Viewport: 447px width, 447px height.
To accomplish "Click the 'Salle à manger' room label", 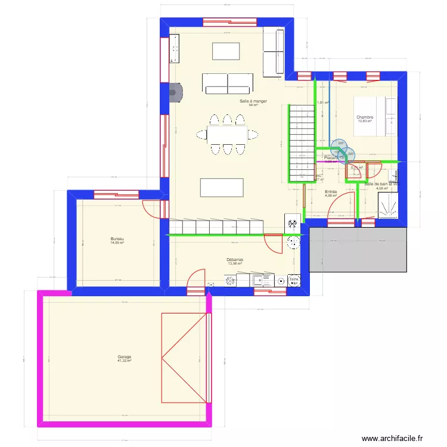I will pos(253,101).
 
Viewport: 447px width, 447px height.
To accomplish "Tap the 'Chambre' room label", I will pos(365,117).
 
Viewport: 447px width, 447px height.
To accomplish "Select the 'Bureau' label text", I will pos(117,238).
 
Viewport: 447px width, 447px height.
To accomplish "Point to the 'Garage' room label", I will pos(124,356).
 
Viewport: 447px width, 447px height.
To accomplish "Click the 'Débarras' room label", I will pos(235,260).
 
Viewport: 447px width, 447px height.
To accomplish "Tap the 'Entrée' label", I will pos(331,191).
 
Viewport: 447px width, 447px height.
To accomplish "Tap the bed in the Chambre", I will pos(375,116).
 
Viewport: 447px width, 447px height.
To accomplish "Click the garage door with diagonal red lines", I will pos(184,358).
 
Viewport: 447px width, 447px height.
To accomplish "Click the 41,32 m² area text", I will pos(124,361).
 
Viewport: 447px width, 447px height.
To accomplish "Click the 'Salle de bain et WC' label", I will pos(381,184).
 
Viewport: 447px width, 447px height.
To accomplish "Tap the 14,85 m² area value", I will pos(117,243).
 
